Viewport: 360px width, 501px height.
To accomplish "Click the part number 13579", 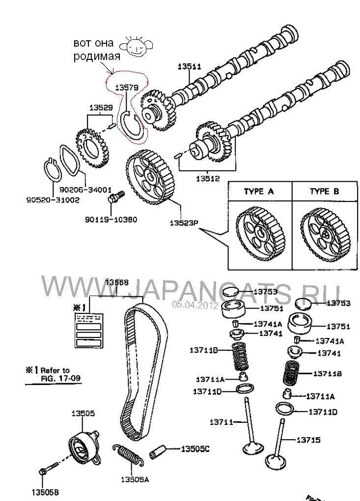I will pyautogui.click(x=126, y=87).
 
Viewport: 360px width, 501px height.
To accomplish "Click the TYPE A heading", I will pyautogui.click(x=258, y=192).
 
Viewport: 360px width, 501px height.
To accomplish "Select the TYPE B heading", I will pyautogui.click(x=324, y=192).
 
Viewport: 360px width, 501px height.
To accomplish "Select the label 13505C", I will pyautogui.click(x=195, y=448).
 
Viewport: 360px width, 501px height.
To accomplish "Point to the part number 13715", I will pyautogui.click(x=308, y=440).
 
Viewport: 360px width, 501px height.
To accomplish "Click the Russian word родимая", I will pyautogui.click(x=97, y=56).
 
